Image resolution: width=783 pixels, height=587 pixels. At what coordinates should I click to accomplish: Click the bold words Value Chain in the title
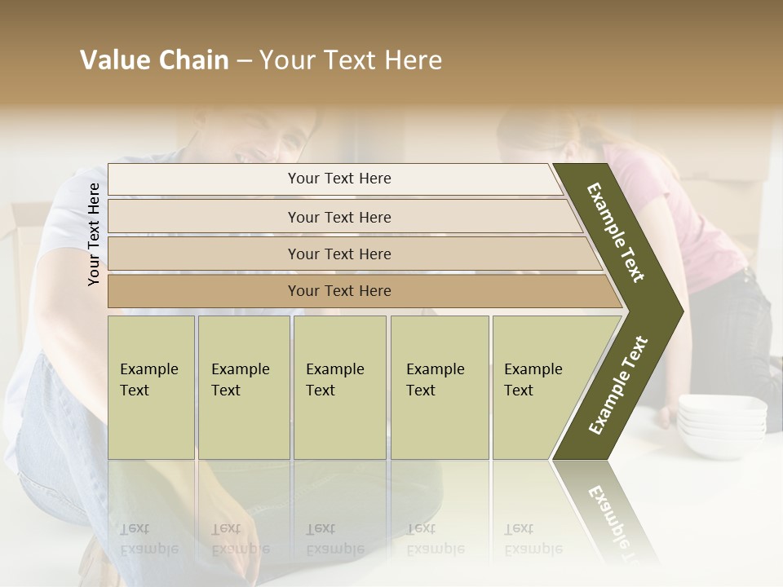coord(154,60)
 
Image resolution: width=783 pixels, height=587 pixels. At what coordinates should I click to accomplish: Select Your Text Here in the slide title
coord(351,60)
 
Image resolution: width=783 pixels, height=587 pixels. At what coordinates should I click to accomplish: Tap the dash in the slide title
coord(244,61)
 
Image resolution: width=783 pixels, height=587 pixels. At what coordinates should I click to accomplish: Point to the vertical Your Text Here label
coord(94,234)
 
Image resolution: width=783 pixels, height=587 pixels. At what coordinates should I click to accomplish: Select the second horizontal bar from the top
coord(338,217)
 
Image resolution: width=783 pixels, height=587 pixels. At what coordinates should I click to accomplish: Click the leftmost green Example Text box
coord(151,386)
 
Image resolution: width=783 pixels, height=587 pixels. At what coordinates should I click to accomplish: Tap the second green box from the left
coord(243,386)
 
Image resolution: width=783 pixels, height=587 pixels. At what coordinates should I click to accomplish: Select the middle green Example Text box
coord(339,386)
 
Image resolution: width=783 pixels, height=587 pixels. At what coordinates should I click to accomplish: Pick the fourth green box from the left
coord(440,386)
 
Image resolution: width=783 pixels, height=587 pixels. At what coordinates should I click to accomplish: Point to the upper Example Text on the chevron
coord(616,232)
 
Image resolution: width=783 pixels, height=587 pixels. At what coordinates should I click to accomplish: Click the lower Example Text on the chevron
coord(617,386)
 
